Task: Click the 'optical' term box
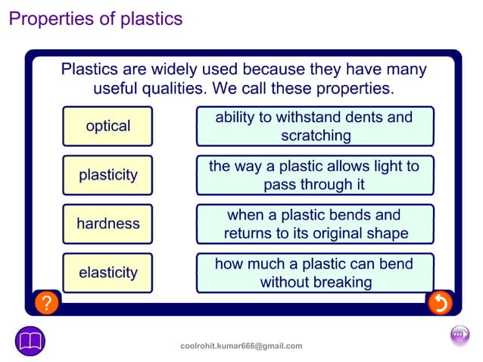(108, 126)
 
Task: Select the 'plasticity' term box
(108, 175)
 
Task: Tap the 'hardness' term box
(108, 224)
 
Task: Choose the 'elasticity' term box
(108, 273)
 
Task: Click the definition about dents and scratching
(315, 126)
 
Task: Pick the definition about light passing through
(315, 175)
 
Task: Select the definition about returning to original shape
(315, 224)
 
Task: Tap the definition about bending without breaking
(315, 273)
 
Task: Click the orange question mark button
(46, 303)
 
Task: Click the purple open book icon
(30, 341)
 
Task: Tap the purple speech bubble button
(460, 335)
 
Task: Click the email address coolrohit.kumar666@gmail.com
(241, 346)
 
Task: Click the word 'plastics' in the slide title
(151, 19)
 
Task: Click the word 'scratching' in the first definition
(316, 136)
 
